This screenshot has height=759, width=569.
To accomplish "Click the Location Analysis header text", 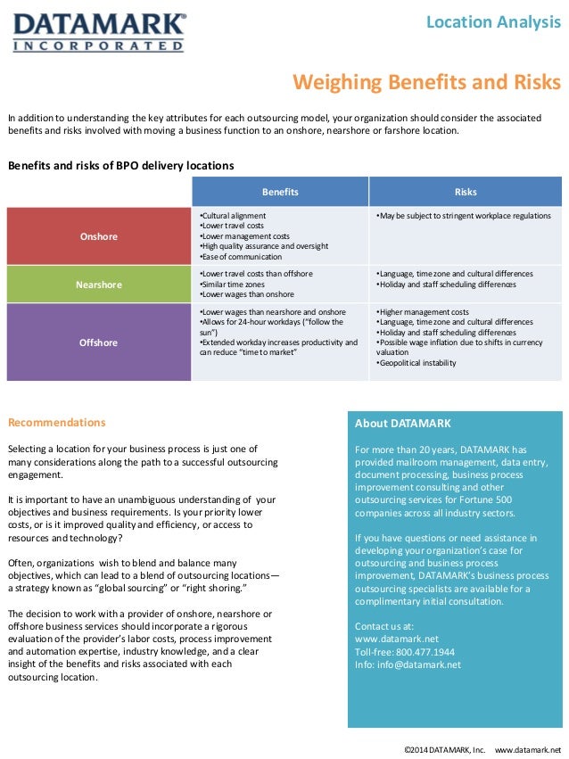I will click(493, 22).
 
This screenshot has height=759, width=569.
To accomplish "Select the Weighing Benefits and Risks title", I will click(427, 83).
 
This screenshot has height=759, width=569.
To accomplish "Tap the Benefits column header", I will click(280, 192).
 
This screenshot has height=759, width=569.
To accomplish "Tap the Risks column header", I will click(466, 192).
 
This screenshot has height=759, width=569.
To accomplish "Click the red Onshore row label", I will click(98, 236).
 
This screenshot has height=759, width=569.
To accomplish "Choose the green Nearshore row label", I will click(98, 285).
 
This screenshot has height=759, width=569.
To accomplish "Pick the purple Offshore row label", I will click(98, 342).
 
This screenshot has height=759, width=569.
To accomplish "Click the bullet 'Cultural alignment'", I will click(233, 216).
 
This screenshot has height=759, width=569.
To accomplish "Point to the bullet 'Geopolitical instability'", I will click(417, 363).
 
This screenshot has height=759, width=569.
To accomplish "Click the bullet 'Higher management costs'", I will click(424, 312).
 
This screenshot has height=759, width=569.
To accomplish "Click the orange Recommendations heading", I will click(56, 423).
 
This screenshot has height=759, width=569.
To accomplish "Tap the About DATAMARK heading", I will click(403, 424).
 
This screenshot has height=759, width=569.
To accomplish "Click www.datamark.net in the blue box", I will click(397, 639).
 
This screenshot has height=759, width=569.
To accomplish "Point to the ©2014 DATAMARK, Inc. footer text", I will click(444, 747).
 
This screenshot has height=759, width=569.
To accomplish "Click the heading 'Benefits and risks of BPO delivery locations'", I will click(120, 166).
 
